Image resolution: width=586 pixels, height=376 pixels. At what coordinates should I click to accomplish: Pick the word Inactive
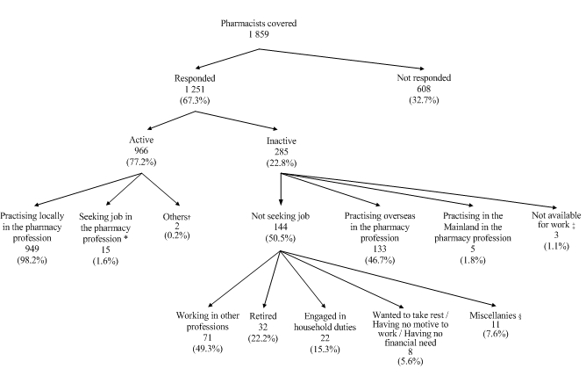tap(281, 138)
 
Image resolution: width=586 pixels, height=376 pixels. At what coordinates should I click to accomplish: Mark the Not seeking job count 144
tap(280, 235)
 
